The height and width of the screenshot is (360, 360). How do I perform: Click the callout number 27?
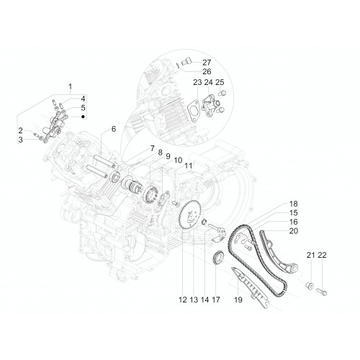tap(207, 63)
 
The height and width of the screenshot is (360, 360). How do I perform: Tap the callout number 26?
tap(207, 71)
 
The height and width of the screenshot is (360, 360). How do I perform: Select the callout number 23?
tap(197, 82)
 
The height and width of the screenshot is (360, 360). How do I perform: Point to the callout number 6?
tap(114, 129)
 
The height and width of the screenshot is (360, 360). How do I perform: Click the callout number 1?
tap(71, 86)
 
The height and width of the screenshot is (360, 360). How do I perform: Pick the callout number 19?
tap(238, 300)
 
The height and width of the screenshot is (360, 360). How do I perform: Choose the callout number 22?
tap(322, 255)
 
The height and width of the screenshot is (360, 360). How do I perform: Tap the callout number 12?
tap(182, 300)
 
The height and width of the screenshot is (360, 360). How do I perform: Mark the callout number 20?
tap(293, 231)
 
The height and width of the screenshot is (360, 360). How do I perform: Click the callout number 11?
tap(189, 166)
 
